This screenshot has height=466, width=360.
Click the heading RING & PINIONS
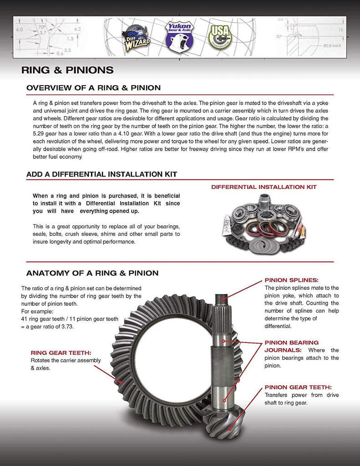[67, 70]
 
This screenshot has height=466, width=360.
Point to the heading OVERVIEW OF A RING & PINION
[93, 87]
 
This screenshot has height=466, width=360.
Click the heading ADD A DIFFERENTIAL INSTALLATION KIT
[101, 174]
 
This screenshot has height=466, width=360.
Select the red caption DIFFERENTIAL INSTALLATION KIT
[264, 187]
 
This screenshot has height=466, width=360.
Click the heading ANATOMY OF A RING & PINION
[92, 273]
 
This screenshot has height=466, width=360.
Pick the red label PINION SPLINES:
[291, 280]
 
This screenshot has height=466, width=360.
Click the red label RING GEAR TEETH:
[61, 352]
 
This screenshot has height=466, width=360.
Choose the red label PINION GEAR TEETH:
[298, 387]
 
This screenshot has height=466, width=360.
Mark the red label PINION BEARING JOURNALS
[291, 346]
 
